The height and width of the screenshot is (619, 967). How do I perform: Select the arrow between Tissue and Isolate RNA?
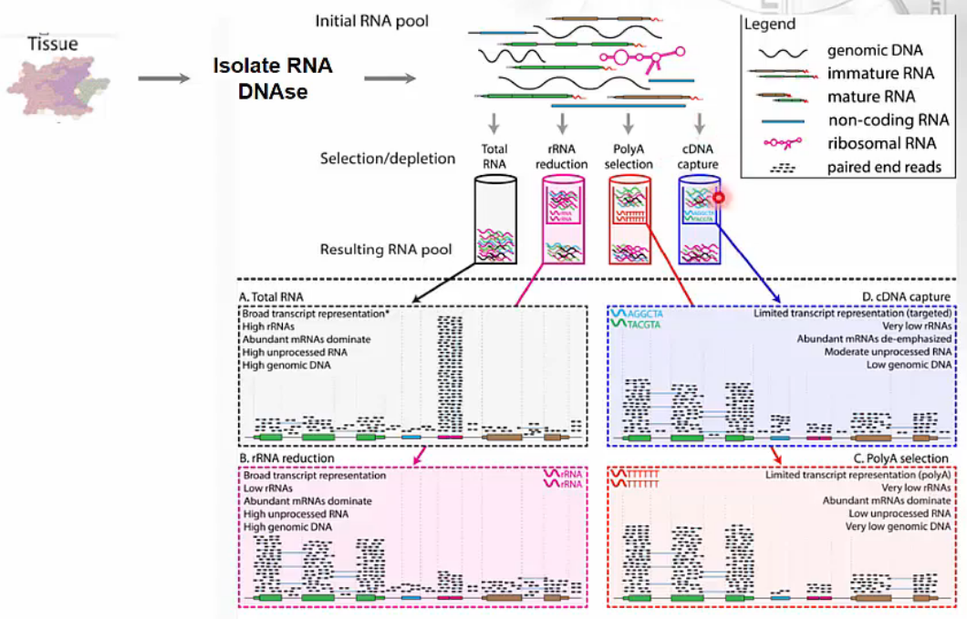click(x=163, y=78)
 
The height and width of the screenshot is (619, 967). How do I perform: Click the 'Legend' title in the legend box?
click(x=769, y=25)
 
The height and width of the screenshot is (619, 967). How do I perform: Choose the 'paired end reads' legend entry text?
click(x=885, y=167)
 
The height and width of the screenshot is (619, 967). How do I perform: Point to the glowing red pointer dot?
click(x=719, y=197)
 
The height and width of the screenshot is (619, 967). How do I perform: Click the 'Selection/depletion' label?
click(x=388, y=159)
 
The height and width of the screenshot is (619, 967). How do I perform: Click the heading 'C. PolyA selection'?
click(x=903, y=457)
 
